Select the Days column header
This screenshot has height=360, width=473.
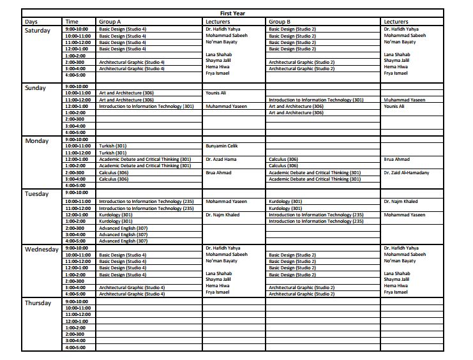(31, 22)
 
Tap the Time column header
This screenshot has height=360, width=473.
(71, 22)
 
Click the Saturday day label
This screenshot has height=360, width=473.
(38, 31)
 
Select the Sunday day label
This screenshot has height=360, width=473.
(36, 88)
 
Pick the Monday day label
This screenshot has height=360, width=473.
(36, 141)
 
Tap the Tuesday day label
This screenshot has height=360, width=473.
(37, 194)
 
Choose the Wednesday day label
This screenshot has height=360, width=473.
(42, 250)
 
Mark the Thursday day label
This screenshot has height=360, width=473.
(38, 303)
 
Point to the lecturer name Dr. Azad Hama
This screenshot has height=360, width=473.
(221, 159)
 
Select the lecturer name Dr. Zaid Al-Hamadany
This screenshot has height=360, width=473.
(406, 172)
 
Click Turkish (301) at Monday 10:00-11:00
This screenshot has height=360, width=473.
(112, 146)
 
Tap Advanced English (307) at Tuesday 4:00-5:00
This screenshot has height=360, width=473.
(123, 241)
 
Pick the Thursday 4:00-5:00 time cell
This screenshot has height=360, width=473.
(75, 347)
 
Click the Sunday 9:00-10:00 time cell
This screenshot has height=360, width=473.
(77, 86)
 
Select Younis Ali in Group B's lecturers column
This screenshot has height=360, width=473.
(394, 106)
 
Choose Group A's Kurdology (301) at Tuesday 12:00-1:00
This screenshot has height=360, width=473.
(116, 215)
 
